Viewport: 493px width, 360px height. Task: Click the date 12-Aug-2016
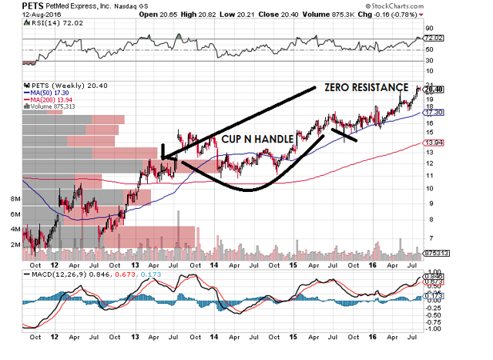(x=25, y=15)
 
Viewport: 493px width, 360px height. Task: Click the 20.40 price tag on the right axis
(x=434, y=89)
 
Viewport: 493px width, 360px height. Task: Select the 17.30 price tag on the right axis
(x=434, y=113)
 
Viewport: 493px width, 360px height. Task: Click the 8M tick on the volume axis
(x=14, y=199)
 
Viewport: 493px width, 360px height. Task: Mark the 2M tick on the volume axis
(x=14, y=244)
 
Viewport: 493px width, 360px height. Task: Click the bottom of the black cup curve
(x=246, y=190)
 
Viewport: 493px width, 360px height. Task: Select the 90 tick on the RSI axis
(x=429, y=28)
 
